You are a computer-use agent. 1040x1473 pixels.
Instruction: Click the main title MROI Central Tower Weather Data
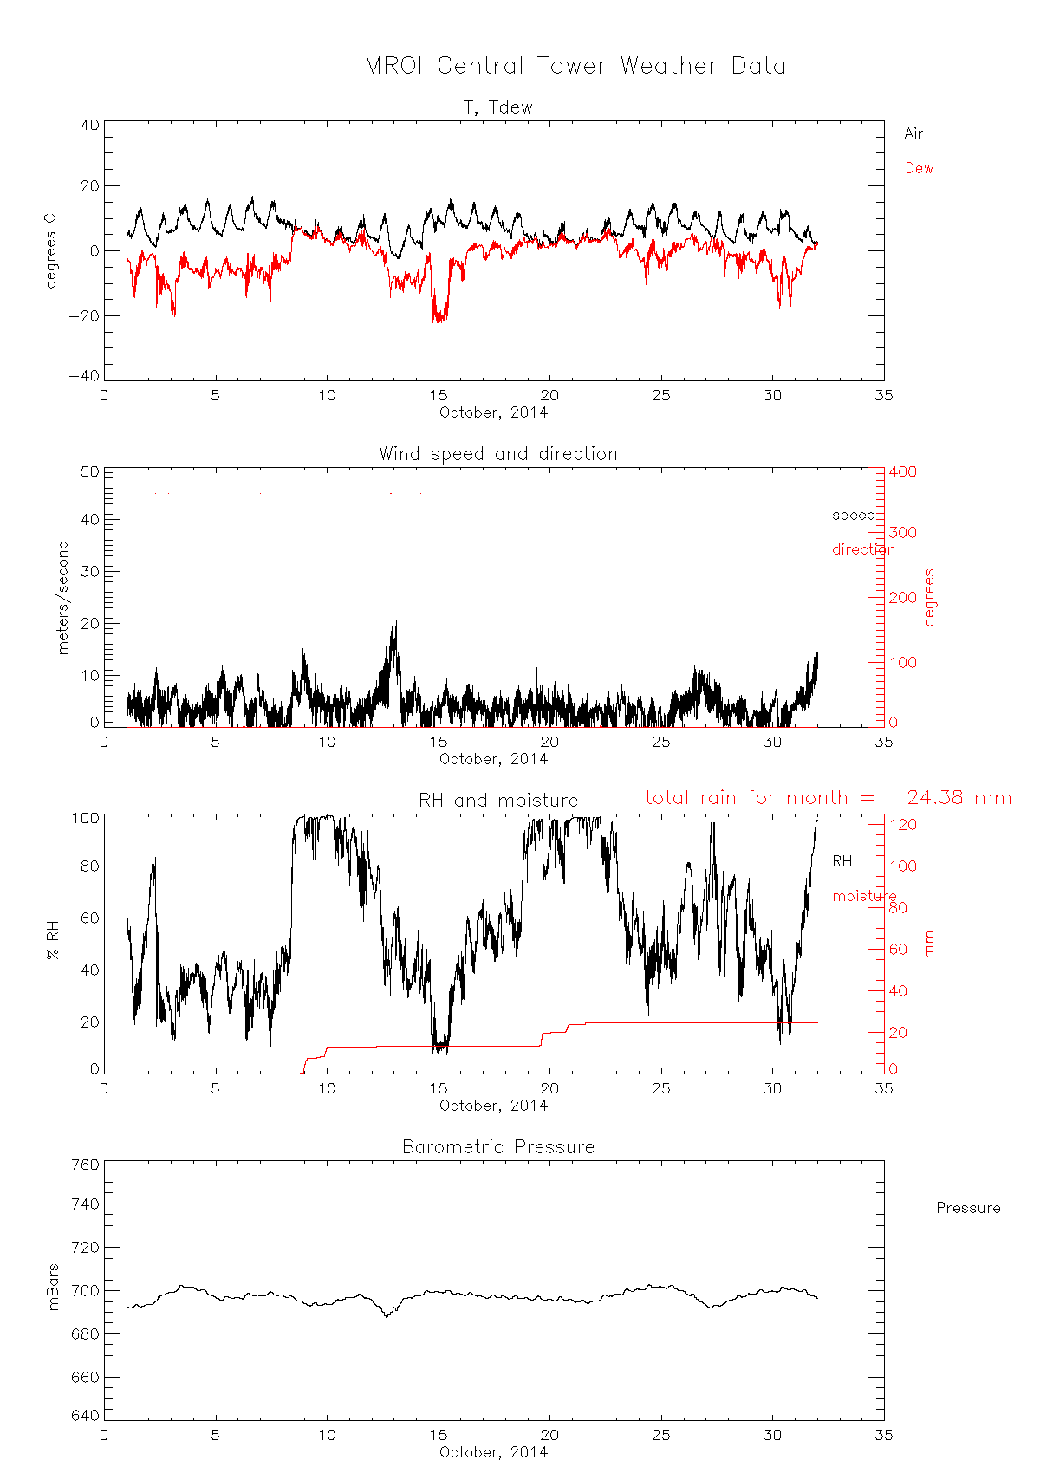(x=575, y=66)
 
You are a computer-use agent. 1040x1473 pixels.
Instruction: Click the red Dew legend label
(x=919, y=168)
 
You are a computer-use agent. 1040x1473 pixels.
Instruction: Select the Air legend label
(x=913, y=133)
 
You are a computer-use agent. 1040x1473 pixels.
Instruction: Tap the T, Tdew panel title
(x=497, y=107)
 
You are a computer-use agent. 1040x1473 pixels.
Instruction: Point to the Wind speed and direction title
(x=497, y=454)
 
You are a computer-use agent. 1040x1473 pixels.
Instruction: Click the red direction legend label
(x=863, y=549)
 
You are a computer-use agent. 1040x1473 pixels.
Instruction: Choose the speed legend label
(x=854, y=515)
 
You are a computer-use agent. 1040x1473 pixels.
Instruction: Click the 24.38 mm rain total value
(x=959, y=798)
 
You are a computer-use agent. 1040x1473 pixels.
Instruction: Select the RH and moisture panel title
(x=497, y=801)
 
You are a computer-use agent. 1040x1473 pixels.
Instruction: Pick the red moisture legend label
(x=864, y=896)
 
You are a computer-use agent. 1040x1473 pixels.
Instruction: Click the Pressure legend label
(x=968, y=1208)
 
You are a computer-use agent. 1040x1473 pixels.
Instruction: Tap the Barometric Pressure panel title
(x=498, y=1147)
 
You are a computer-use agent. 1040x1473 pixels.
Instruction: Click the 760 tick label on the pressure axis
(x=84, y=1165)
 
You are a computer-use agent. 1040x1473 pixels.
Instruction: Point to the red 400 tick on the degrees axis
(x=902, y=471)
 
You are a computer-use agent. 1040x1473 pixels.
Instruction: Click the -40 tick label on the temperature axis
(x=84, y=376)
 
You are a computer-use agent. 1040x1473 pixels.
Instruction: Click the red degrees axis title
(x=930, y=597)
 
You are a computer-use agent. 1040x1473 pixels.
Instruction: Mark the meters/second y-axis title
(x=62, y=597)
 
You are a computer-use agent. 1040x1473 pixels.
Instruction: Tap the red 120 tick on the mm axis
(x=902, y=825)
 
